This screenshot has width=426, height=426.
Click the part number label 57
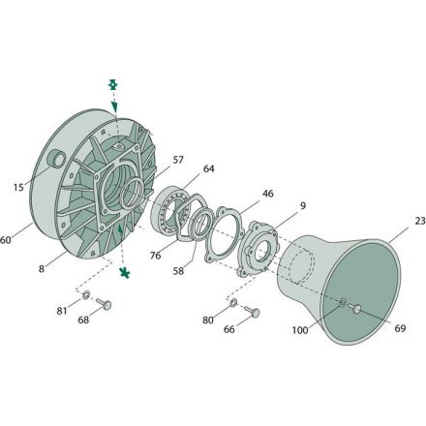click(178, 160)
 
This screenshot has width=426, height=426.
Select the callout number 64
click(208, 168)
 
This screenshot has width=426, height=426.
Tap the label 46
click(267, 194)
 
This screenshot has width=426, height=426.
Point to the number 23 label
click(420, 221)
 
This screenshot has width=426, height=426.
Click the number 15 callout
click(18, 187)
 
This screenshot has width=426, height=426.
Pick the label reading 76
click(155, 256)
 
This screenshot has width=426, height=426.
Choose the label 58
click(178, 271)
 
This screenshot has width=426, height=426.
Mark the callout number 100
click(300, 330)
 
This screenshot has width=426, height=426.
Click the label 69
click(400, 328)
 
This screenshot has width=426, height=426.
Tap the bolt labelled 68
click(104, 303)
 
